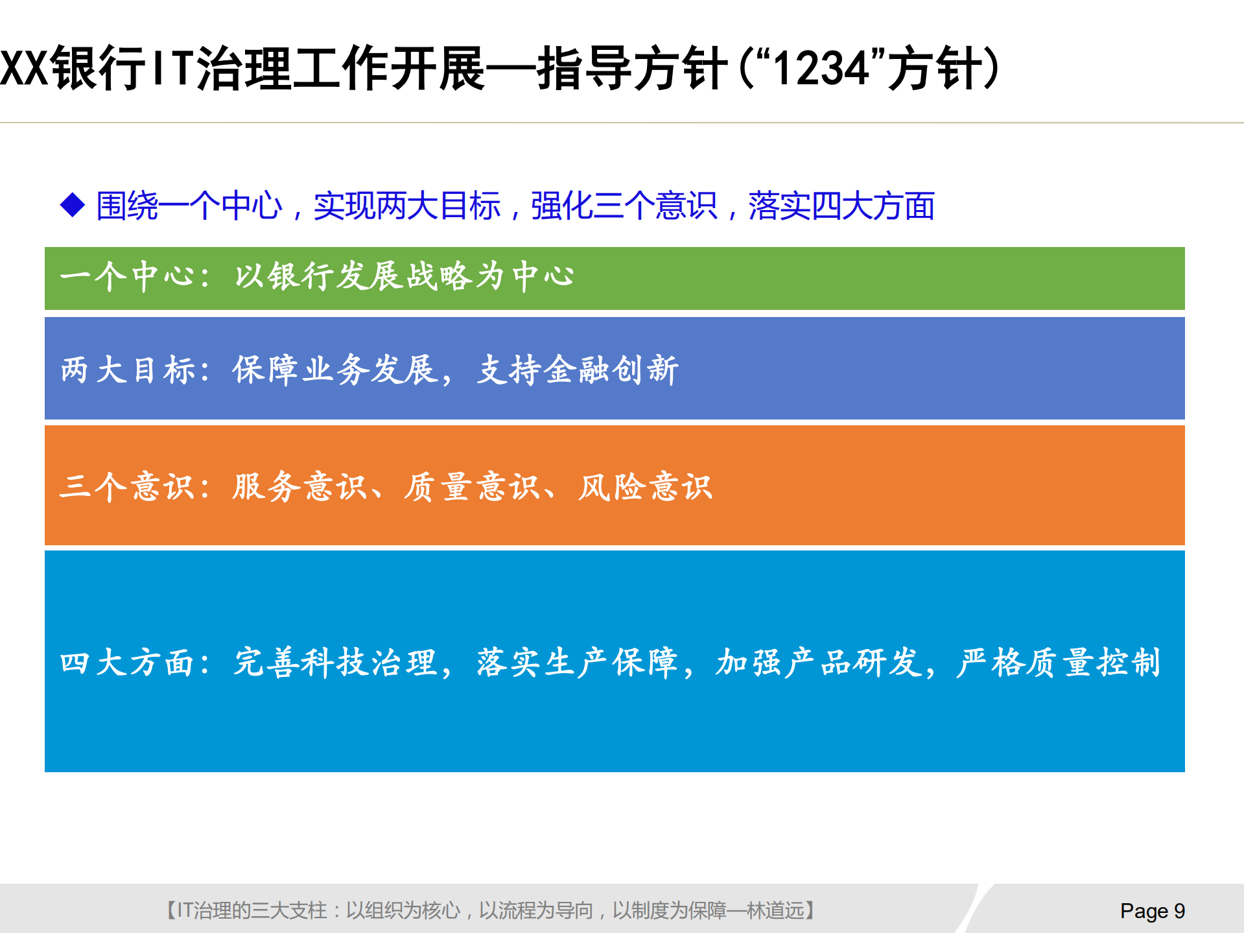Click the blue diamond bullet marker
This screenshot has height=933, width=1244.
(x=73, y=206)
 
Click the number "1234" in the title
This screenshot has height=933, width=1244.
(x=821, y=68)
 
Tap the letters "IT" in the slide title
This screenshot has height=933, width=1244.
(x=172, y=68)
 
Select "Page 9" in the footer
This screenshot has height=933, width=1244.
(x=1152, y=911)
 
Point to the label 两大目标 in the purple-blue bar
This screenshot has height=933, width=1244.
(x=128, y=370)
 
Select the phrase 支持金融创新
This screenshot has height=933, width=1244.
(x=578, y=370)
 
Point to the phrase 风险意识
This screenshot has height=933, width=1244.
(x=645, y=486)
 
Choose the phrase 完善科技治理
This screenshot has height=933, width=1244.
(x=335, y=663)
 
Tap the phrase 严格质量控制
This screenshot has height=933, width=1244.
(x=1058, y=663)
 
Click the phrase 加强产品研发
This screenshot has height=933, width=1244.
(x=818, y=663)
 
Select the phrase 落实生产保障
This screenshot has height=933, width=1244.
(x=577, y=663)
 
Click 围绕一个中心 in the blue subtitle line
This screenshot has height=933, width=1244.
(x=189, y=206)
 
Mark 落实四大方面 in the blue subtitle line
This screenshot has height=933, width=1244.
(x=841, y=206)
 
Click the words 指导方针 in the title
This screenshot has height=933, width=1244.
(x=632, y=68)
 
